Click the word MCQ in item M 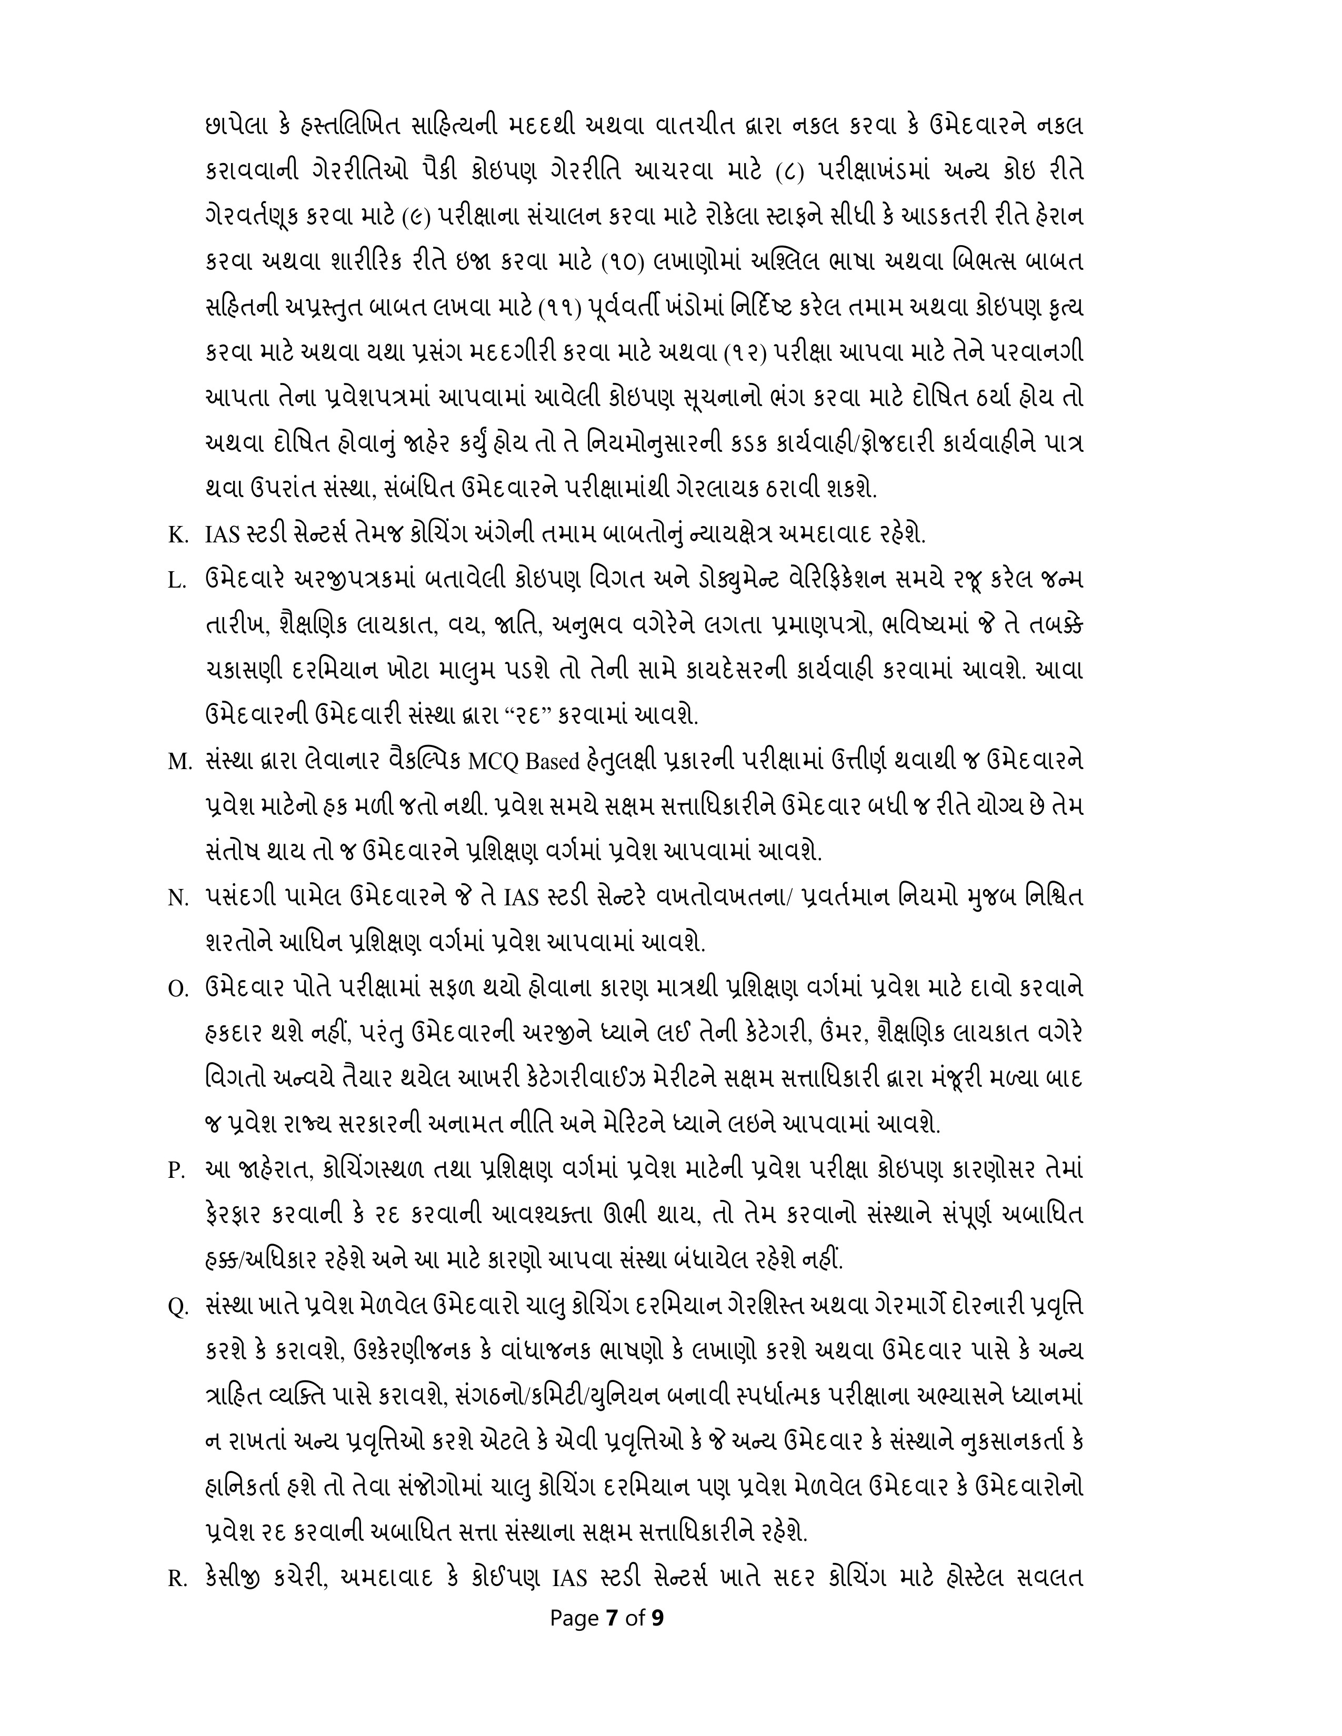493,762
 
